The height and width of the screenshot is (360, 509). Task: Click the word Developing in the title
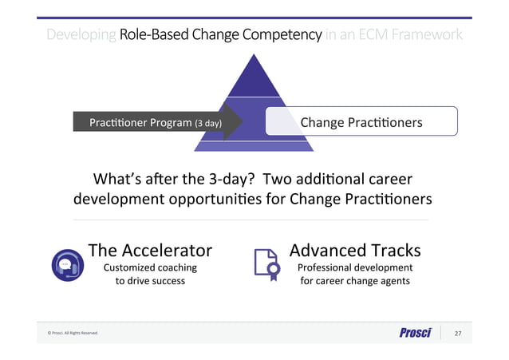(81, 35)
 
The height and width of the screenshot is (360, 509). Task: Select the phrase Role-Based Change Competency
(220, 35)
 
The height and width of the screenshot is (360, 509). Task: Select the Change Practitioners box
(361, 122)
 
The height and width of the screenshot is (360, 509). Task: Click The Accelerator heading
(150, 250)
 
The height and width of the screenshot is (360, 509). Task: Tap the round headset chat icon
(65, 265)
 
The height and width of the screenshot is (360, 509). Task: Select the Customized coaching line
(150, 267)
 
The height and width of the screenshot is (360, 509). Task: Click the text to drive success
(150, 281)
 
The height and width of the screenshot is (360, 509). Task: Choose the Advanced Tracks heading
(354, 250)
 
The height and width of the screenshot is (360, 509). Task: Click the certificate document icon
(265, 263)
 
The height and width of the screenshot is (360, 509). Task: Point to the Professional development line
(354, 267)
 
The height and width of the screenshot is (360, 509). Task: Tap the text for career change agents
(354, 281)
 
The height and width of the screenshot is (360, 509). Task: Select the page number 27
(458, 333)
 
